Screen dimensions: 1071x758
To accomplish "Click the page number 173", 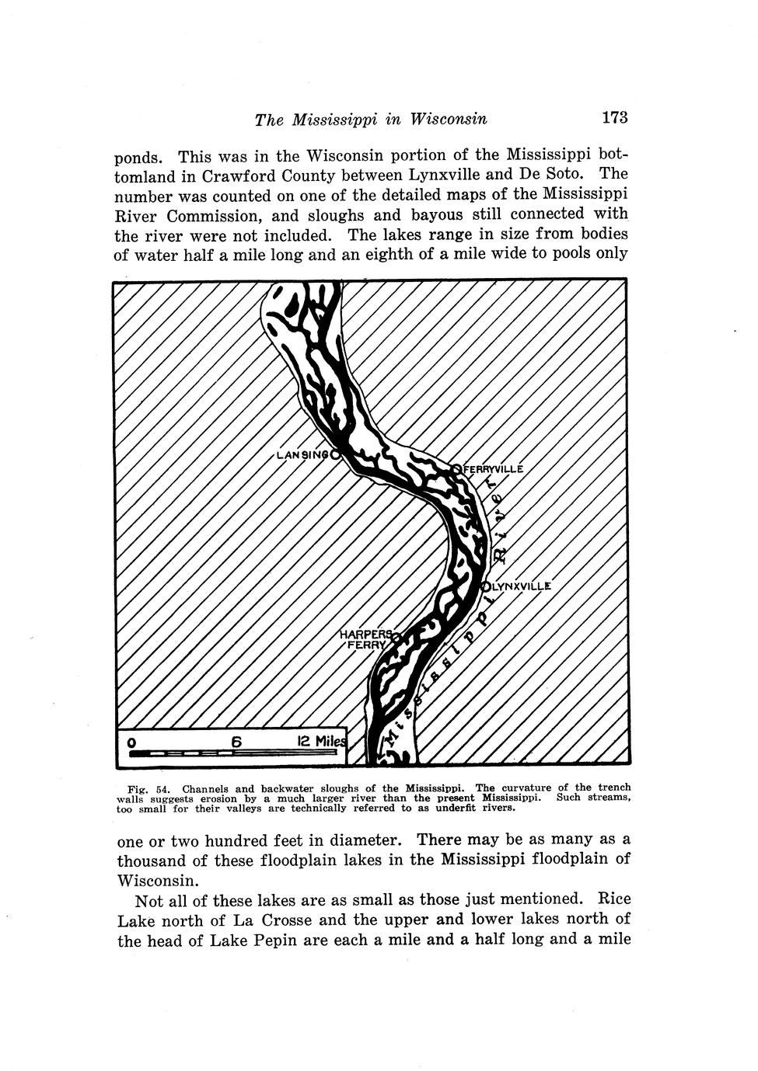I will pyautogui.click(x=613, y=117).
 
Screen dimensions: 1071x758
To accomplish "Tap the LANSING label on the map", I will pyautogui.click(x=302, y=455).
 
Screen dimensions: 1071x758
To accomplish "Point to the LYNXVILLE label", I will pyautogui.click(x=520, y=586).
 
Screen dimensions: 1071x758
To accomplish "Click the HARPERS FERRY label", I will pyautogui.click(x=365, y=639).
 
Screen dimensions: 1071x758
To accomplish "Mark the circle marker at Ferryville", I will pyautogui.click(x=456, y=468).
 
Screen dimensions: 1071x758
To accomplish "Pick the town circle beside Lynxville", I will pyautogui.click(x=486, y=586).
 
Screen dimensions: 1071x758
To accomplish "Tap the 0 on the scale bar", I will pyautogui.click(x=133, y=742).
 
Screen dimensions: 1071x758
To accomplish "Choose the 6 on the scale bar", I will pyautogui.click(x=236, y=742).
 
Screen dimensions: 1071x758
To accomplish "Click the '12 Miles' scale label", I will pyautogui.click(x=320, y=742).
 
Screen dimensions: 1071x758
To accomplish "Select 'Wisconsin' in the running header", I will pyautogui.click(x=449, y=119).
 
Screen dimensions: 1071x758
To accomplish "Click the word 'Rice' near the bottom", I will pyautogui.click(x=613, y=899).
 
